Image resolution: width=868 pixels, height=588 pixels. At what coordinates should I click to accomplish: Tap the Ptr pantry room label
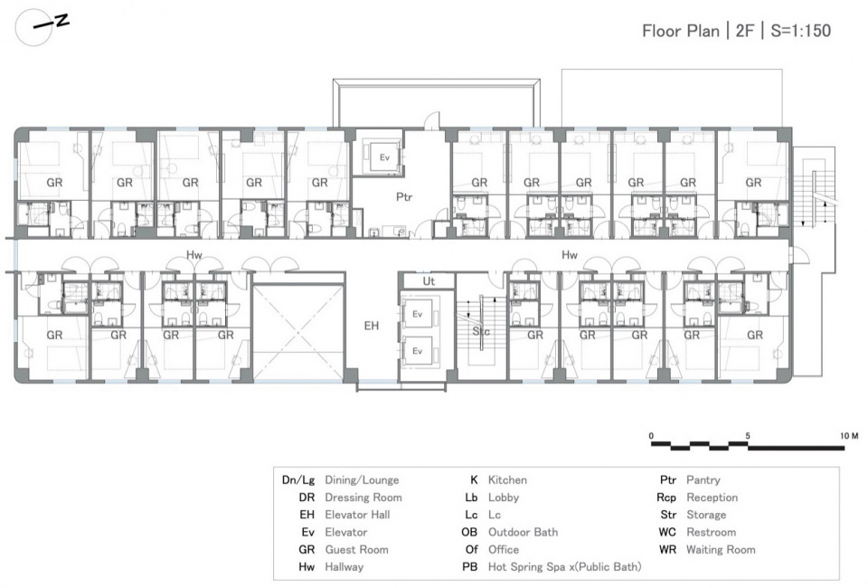click(404, 196)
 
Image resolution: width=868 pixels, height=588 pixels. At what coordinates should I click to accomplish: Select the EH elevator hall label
click(372, 326)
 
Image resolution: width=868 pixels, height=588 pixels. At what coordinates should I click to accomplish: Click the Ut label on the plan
click(429, 281)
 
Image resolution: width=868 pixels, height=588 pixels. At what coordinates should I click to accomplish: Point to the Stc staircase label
click(480, 332)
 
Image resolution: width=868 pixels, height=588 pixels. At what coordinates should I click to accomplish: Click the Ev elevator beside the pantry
click(385, 157)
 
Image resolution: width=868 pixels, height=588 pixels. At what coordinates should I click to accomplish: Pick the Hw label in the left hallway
click(193, 255)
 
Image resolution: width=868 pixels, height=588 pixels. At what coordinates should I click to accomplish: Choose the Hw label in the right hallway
click(569, 255)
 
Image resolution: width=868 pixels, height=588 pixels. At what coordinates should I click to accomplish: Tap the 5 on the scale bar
click(748, 436)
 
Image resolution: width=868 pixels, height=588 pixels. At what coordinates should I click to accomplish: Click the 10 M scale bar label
click(849, 436)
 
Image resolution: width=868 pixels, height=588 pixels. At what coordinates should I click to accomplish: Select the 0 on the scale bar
click(652, 436)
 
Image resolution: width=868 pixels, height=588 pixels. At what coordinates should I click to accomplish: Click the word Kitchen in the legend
click(507, 480)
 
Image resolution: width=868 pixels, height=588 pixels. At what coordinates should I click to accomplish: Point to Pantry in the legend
click(703, 480)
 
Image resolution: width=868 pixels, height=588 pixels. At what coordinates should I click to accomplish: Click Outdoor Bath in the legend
click(524, 532)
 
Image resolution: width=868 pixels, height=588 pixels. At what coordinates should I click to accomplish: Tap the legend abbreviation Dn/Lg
click(298, 480)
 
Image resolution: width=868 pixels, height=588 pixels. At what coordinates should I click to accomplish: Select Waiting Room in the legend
click(721, 550)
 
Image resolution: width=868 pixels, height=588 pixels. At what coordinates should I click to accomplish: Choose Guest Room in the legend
click(356, 550)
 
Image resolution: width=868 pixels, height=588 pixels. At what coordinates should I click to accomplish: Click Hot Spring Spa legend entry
click(564, 567)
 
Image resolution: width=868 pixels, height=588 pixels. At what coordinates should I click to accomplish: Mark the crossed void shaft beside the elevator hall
click(298, 332)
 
